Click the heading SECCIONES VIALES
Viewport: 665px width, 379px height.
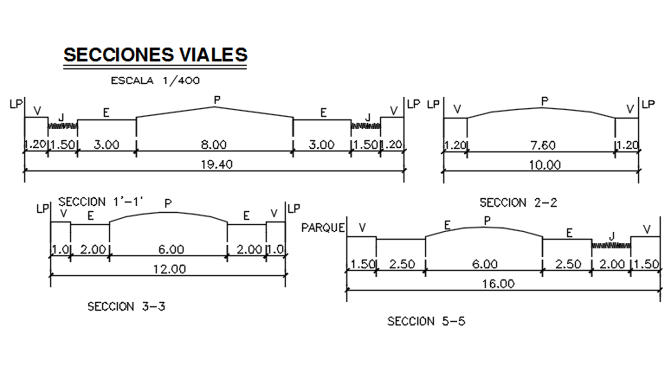(x=156, y=55)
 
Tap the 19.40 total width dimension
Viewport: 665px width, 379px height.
(x=214, y=164)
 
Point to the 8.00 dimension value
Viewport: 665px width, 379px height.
(x=214, y=145)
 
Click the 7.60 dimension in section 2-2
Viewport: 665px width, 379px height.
(x=542, y=145)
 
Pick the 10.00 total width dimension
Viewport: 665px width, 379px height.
(x=542, y=164)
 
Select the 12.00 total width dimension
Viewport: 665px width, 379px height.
(x=170, y=268)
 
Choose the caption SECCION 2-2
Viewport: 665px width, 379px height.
(x=518, y=202)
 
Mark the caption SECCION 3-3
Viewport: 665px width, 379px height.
(x=126, y=306)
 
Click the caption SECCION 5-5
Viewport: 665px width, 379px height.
(x=426, y=321)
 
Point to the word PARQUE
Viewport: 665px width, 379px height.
(x=323, y=228)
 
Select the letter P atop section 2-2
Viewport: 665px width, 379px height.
(x=544, y=101)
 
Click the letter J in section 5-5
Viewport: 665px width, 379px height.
(x=611, y=234)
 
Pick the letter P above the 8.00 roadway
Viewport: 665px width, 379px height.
(x=216, y=101)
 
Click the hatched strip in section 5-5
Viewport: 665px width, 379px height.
(x=611, y=246)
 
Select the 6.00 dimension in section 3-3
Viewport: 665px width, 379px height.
(x=171, y=249)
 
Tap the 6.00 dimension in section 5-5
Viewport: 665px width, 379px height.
(x=485, y=264)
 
